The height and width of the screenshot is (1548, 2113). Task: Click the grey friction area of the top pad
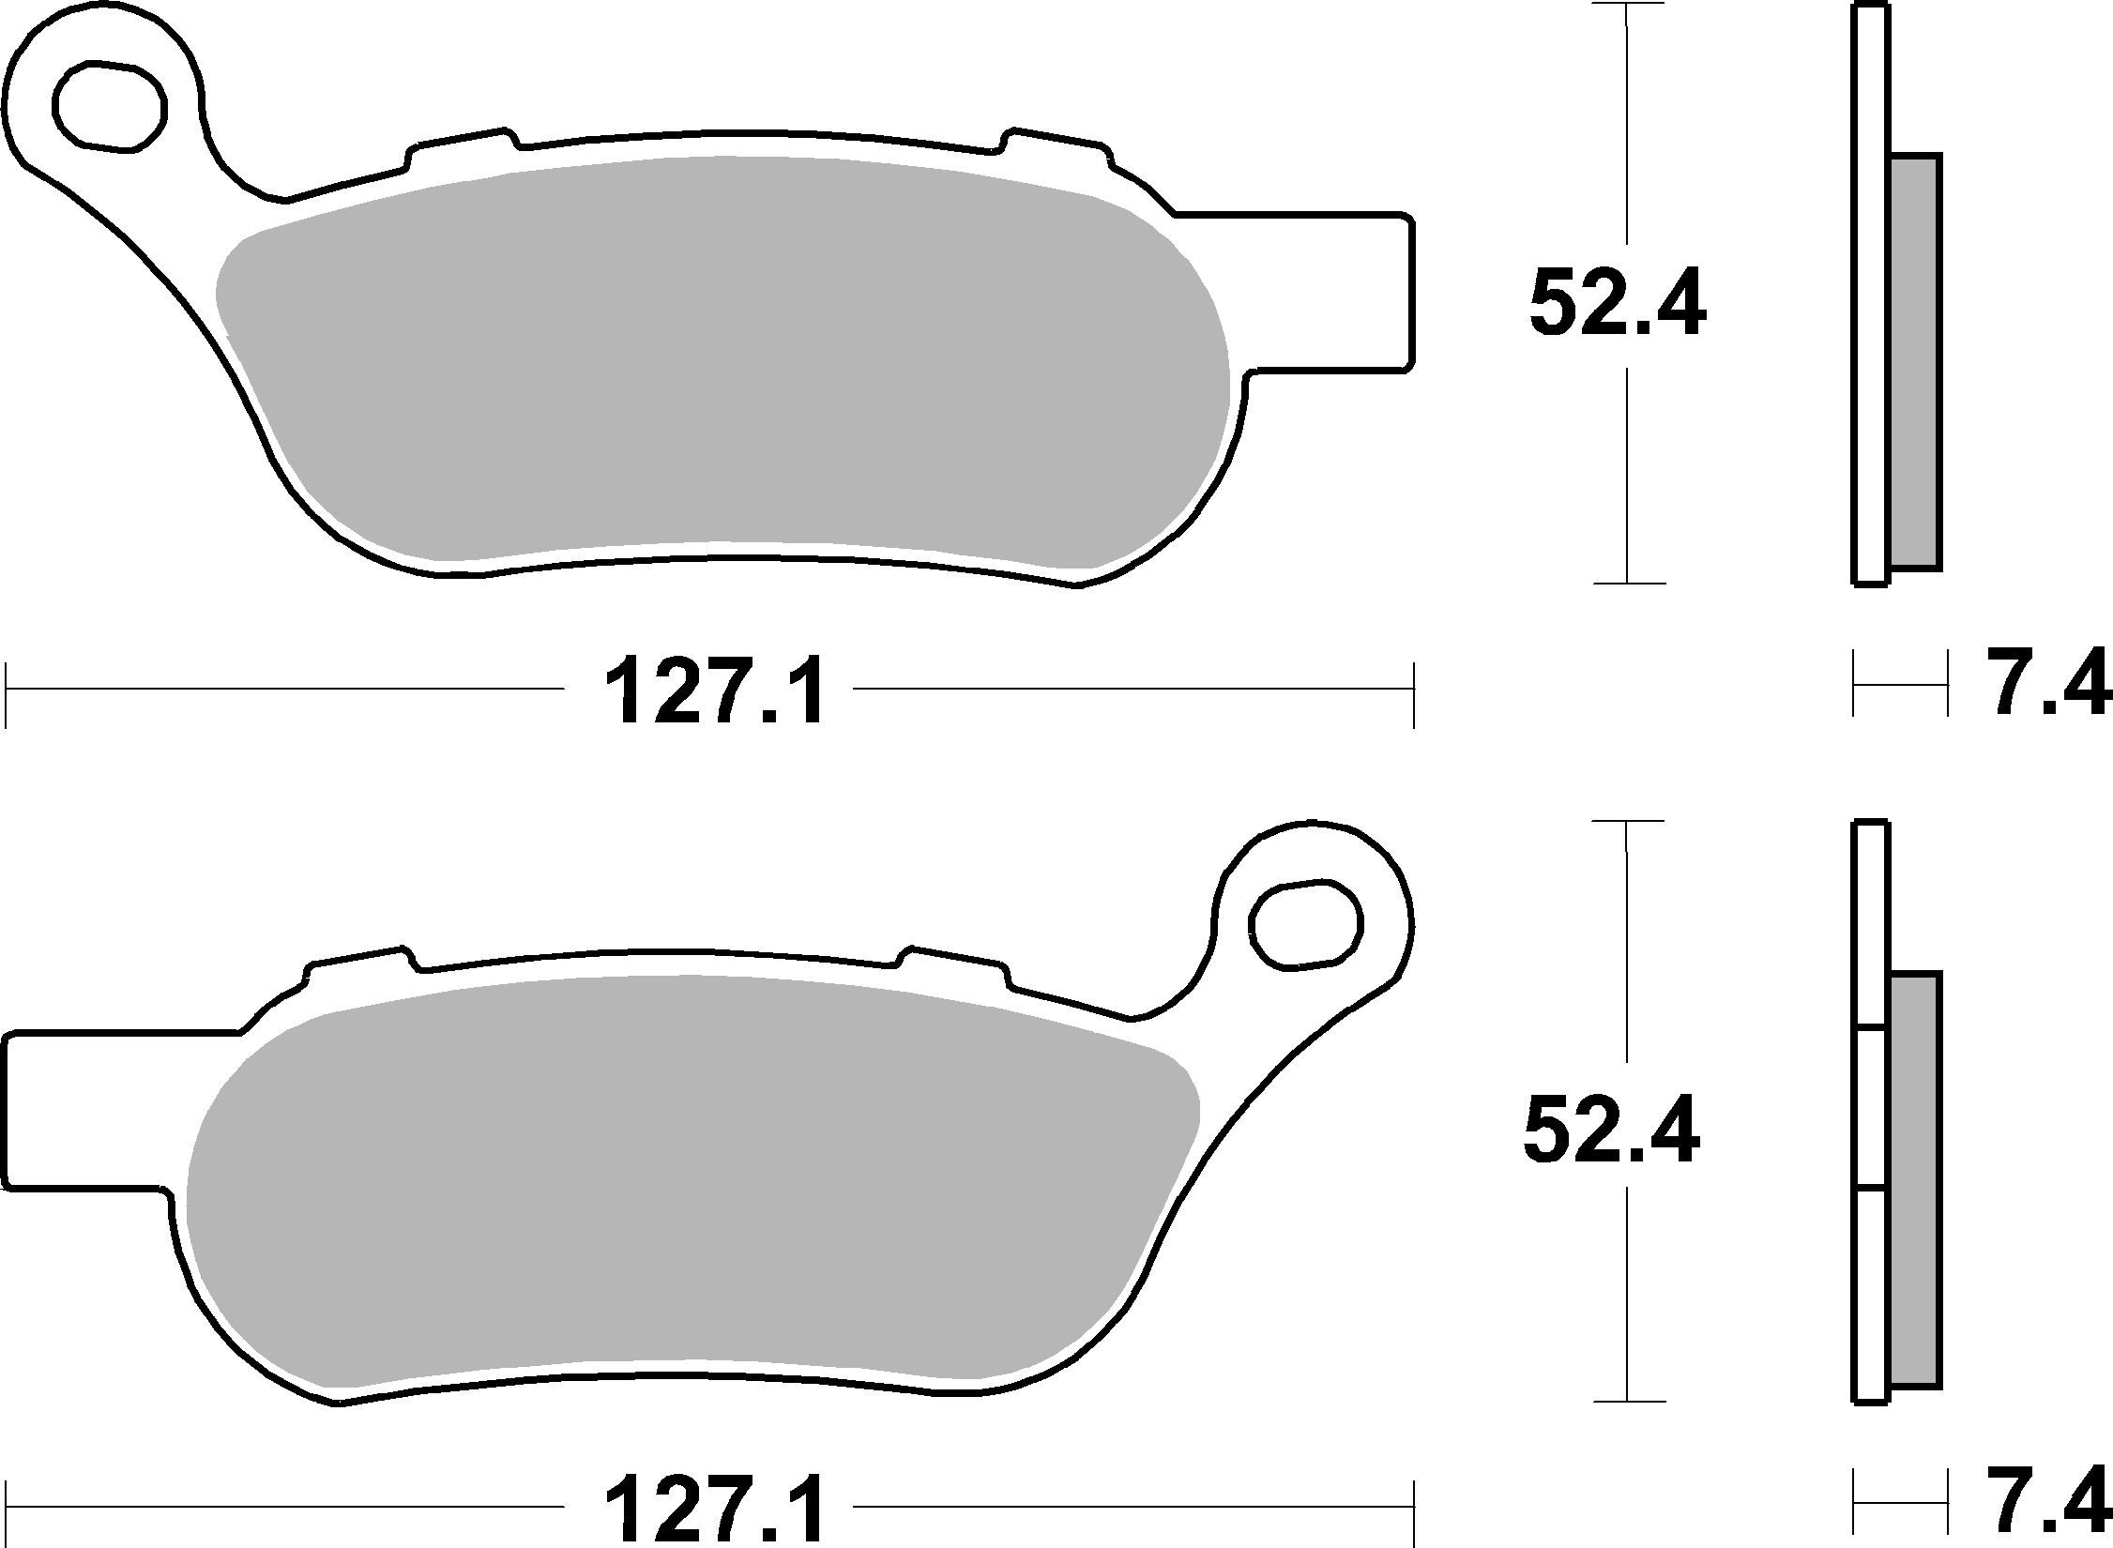coord(722,366)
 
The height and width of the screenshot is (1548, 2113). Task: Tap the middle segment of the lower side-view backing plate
coord(1871,1110)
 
